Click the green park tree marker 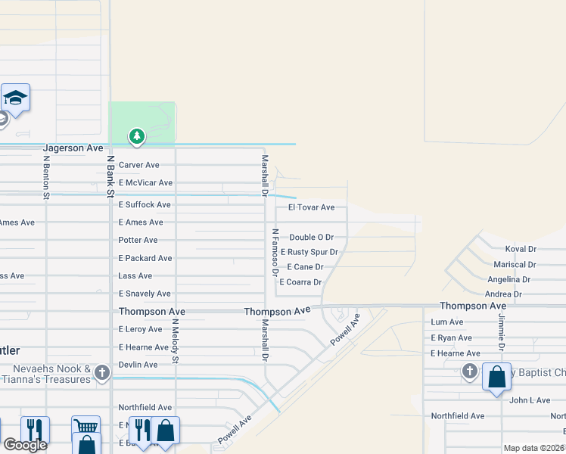tap(136, 136)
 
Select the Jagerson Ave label tap(73, 148)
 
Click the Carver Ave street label tap(139, 165)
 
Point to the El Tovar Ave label tap(311, 207)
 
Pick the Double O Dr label tap(311, 238)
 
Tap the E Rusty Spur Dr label tap(309, 252)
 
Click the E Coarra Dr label tap(300, 282)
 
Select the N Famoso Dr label tap(275, 250)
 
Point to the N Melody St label tap(175, 340)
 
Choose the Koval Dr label tap(521, 248)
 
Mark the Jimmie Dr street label tap(500, 333)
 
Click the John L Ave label tap(530, 400)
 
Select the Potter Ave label tap(138, 240)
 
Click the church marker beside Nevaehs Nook tap(102, 372)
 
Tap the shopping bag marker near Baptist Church tap(496, 377)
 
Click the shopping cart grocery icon tap(86, 427)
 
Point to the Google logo tap(25, 445)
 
